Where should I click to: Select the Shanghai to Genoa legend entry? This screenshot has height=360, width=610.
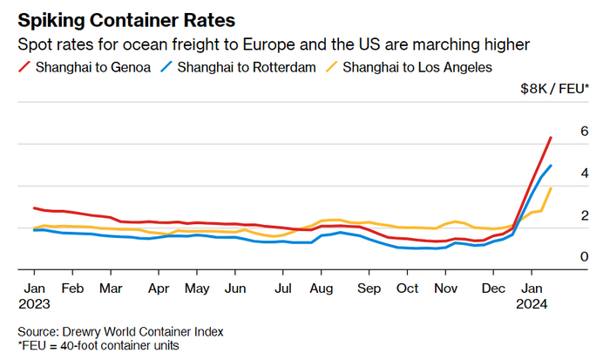(x=91, y=67)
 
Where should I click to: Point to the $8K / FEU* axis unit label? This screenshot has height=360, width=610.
(x=554, y=88)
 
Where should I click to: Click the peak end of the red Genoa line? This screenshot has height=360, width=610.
(x=551, y=138)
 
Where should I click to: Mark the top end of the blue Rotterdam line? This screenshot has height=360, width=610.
(x=551, y=166)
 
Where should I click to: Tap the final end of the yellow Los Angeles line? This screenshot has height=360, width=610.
(x=551, y=188)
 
